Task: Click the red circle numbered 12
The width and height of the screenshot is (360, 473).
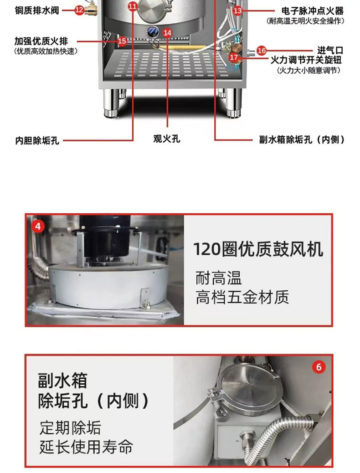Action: (79, 10)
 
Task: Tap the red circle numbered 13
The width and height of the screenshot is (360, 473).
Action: (238, 11)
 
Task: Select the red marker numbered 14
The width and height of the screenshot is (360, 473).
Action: (168, 32)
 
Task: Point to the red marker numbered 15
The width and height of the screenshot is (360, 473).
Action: (122, 41)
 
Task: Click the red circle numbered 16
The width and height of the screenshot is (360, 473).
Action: (262, 51)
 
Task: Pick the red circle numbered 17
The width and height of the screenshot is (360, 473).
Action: (234, 57)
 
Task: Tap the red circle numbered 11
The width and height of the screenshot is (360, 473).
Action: (133, 6)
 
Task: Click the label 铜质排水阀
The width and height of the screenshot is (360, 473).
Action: (37, 10)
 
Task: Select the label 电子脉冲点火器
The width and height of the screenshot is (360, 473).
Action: (312, 11)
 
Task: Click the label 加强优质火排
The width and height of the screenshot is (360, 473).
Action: (41, 41)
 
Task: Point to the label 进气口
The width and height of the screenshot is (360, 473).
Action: (330, 51)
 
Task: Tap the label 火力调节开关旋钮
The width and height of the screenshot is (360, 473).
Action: (306, 60)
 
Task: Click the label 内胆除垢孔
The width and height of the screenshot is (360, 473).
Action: (37, 140)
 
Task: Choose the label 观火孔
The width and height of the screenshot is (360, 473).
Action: (167, 139)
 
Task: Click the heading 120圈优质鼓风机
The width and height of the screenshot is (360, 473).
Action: (258, 249)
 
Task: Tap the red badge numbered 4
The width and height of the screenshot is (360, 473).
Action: (38, 226)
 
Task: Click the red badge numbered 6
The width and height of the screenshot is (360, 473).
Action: (319, 367)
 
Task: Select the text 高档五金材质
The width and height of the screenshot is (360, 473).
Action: (242, 297)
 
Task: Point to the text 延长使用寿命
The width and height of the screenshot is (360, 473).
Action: (86, 447)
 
